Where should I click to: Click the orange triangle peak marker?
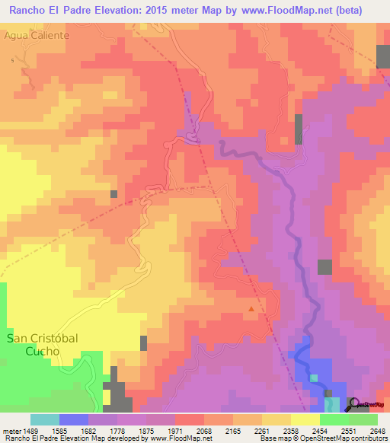click(251, 309)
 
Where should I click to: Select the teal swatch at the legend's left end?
click(44, 419)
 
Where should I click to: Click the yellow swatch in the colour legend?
click(305, 419)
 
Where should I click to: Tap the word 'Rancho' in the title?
click(30, 9)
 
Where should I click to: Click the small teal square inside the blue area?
click(314, 378)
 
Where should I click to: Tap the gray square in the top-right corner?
click(383, 56)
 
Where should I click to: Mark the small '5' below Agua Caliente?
click(13, 60)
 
